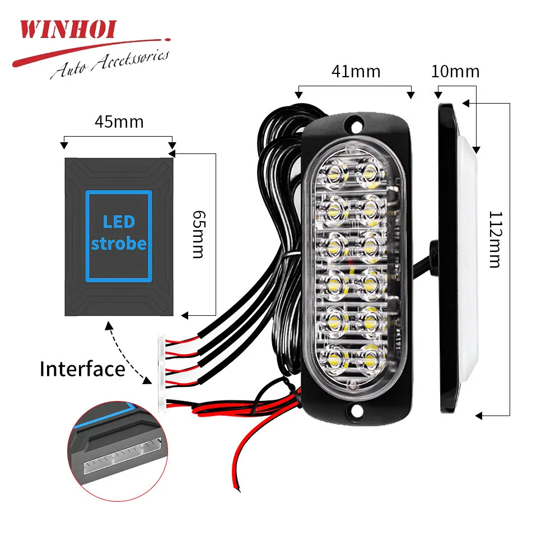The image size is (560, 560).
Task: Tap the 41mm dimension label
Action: pyautogui.click(x=356, y=72)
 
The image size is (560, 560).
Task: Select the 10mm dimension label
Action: pyautogui.click(x=456, y=72)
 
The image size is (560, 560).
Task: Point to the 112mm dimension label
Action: pyautogui.click(x=494, y=239)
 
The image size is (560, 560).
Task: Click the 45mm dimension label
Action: pyautogui.click(x=119, y=122)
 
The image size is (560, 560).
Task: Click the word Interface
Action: pyautogui.click(x=82, y=370)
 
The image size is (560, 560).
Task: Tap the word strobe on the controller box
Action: pyautogui.click(x=119, y=244)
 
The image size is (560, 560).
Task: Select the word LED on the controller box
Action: pyautogui.click(x=119, y=222)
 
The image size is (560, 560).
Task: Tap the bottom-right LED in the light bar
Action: pyautogui.click(x=370, y=356)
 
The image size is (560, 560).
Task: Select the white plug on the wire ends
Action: pyautogui.click(x=163, y=372)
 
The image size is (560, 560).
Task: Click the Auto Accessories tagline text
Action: pyautogui.click(x=110, y=63)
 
